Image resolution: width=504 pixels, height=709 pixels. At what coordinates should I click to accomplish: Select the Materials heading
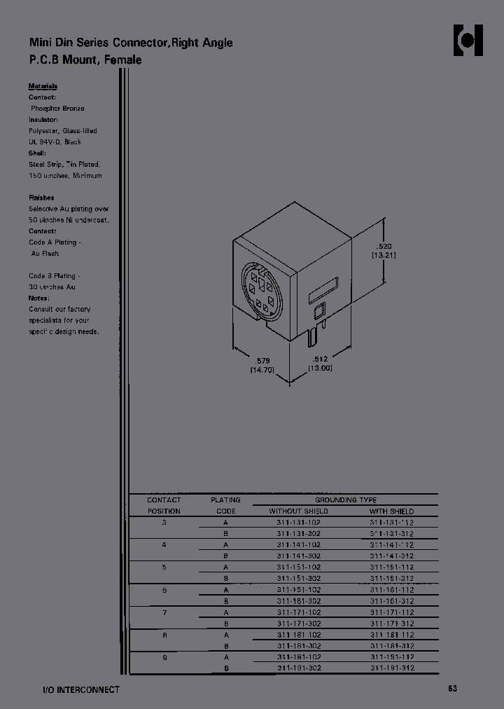click(43, 86)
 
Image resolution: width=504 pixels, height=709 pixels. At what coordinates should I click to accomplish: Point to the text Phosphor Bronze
click(57, 109)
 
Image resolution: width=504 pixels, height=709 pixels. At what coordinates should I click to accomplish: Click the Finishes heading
click(41, 198)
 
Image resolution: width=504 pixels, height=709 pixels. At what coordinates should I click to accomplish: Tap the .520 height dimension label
click(384, 246)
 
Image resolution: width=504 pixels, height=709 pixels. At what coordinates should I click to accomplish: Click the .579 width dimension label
click(261, 360)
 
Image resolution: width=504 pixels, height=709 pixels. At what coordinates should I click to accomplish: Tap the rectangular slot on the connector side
click(323, 291)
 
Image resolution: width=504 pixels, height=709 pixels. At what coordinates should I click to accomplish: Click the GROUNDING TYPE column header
click(345, 500)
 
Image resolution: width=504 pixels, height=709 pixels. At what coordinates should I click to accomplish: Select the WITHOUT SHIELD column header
click(298, 511)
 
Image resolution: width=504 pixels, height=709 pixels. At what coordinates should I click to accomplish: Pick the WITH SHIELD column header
click(392, 511)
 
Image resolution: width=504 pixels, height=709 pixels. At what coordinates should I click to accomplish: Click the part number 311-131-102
click(298, 523)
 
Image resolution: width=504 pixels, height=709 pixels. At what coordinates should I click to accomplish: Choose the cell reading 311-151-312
click(392, 579)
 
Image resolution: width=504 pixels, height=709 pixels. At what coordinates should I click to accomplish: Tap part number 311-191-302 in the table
click(298, 668)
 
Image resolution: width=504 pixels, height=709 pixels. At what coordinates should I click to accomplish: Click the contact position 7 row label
click(164, 612)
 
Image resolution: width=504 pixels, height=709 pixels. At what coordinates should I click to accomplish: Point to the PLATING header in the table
click(225, 500)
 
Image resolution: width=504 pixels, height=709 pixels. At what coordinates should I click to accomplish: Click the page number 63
click(453, 689)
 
